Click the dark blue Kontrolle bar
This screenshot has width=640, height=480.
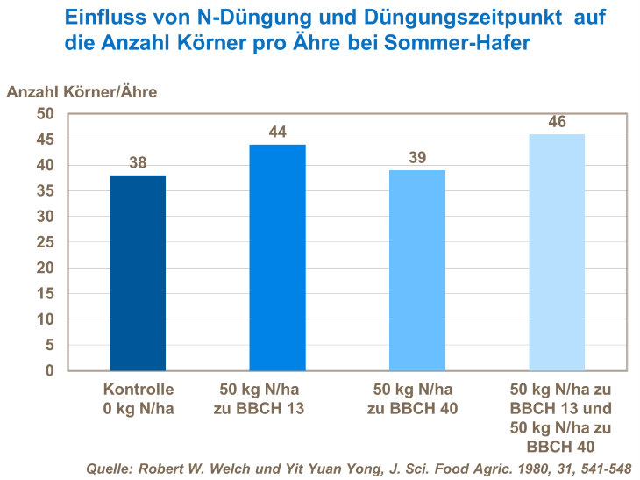138,273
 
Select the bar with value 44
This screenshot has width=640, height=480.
278,257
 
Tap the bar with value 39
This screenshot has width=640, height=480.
416,270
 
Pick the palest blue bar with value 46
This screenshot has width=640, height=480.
557,253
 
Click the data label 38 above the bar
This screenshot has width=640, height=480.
138,162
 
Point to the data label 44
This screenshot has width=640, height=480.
278,132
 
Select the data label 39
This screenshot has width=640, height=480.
416,157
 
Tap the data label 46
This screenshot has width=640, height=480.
557,121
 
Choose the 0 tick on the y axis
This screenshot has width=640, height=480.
50,371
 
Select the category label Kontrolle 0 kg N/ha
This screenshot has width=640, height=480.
139,398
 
